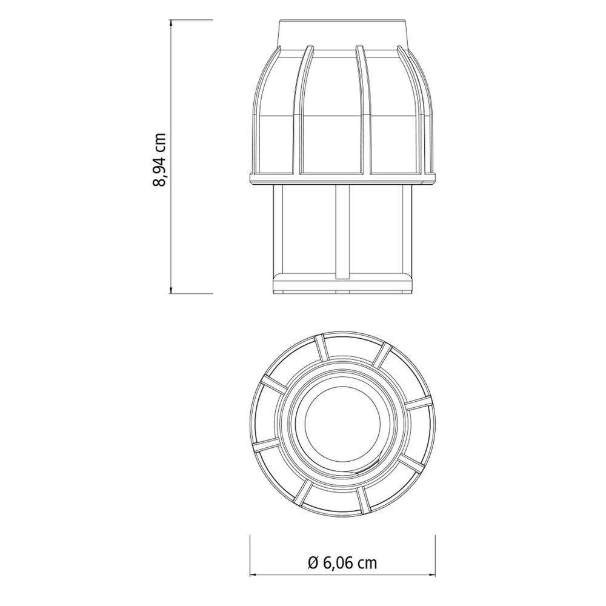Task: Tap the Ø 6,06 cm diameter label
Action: pos(342,563)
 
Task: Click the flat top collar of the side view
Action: pos(342,33)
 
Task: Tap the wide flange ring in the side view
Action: pos(342,177)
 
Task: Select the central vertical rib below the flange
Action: pos(342,230)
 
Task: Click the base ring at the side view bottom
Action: pos(342,284)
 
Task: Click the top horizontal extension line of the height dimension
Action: pos(191,21)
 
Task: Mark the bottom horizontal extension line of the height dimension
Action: pos(191,293)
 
